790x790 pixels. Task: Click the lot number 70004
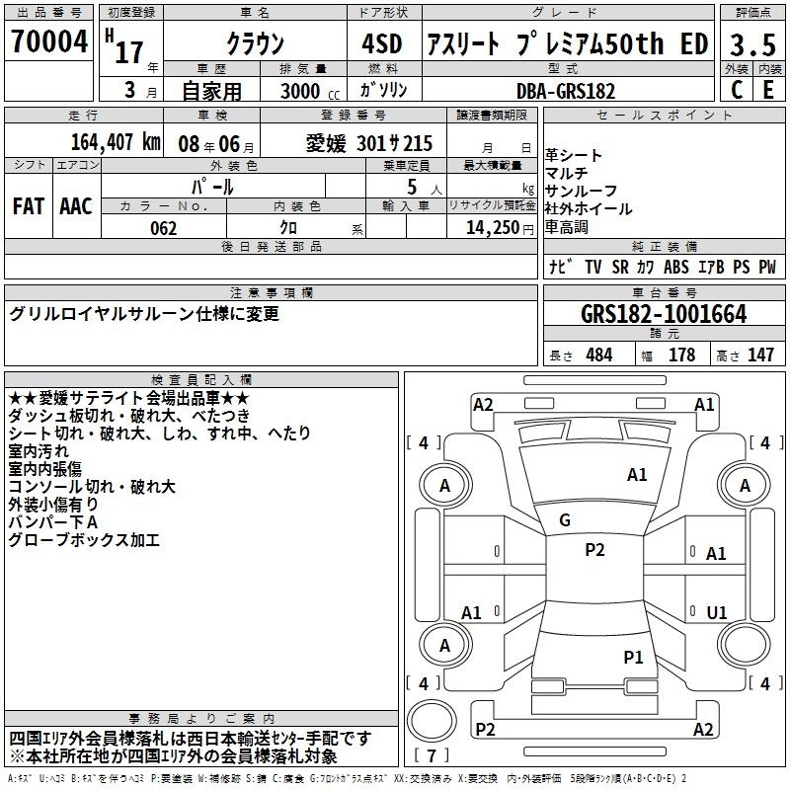[49, 41]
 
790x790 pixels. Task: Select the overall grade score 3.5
[752, 44]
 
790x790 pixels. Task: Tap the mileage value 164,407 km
[116, 142]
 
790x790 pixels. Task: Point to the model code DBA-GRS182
[566, 91]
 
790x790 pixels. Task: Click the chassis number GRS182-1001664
[664, 314]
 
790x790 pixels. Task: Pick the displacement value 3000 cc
[310, 91]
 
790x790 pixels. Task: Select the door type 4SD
[382, 43]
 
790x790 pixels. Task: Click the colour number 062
[164, 228]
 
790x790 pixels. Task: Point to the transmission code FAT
[29, 206]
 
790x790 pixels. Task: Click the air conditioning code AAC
[76, 206]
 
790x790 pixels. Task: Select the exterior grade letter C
[737, 90]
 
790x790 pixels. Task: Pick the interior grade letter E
[768, 90]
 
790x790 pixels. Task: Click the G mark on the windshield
[565, 520]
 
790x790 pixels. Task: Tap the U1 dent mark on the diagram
[717, 612]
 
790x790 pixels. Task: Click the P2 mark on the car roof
[594, 549]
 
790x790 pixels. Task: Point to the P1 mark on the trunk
[633, 657]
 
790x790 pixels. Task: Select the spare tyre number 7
[432, 755]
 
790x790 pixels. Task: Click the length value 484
[599, 355]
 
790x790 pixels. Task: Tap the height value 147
[760, 355]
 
